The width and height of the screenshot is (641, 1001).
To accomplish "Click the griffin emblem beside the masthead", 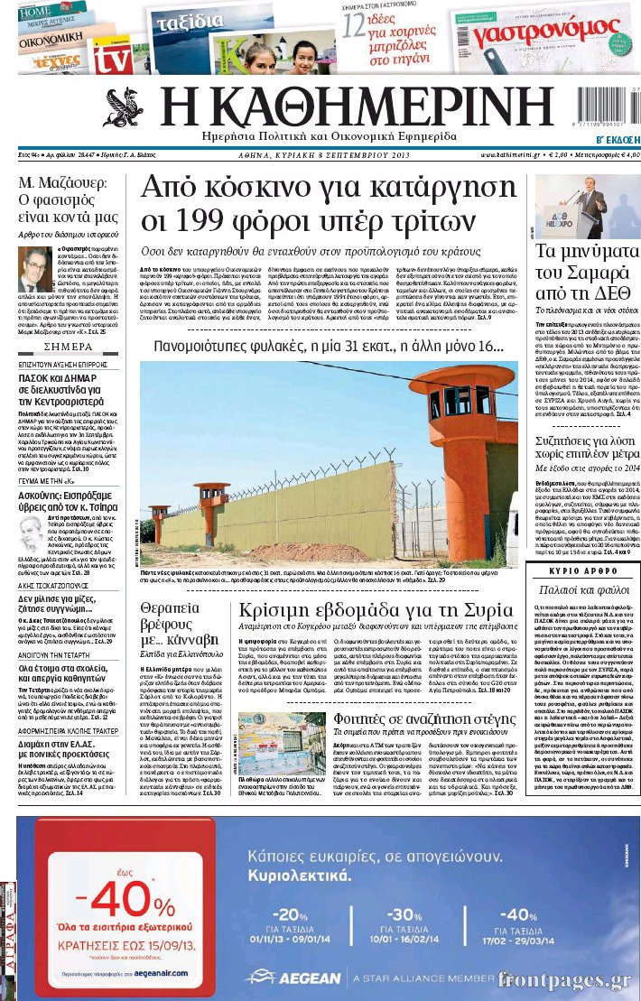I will pos(123,108).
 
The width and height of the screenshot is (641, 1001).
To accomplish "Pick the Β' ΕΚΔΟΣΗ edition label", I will pos(617,140).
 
